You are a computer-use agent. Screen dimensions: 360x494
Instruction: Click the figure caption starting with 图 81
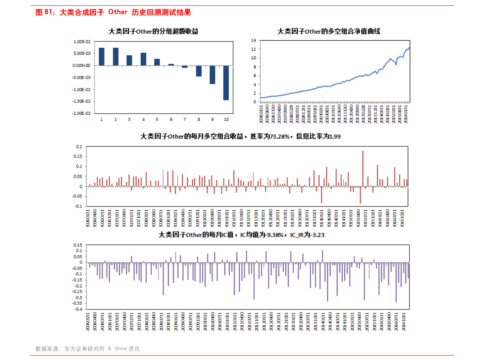pyautogui.click(x=113, y=12)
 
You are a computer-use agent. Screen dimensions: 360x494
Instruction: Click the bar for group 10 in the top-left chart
pyautogui.click(x=226, y=83)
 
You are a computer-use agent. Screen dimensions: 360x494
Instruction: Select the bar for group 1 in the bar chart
pyautogui.click(x=102, y=56)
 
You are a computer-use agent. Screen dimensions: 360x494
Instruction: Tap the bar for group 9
pyautogui.click(x=212, y=75)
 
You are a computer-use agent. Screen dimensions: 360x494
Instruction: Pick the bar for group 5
pyautogui.click(x=157, y=62)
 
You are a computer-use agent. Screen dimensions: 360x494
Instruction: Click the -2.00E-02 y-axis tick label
pyautogui.click(x=82, y=113)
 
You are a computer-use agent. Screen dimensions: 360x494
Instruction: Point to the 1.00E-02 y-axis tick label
pyautogui.click(x=82, y=41)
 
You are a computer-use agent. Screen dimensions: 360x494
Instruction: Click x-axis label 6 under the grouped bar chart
pyautogui.click(x=171, y=119)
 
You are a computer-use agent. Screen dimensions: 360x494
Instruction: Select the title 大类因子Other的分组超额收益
pyautogui.click(x=153, y=32)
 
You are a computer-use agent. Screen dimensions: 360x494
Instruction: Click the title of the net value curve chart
pyautogui.click(x=329, y=32)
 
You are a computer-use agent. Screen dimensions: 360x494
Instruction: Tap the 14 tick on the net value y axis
pyautogui.click(x=254, y=40)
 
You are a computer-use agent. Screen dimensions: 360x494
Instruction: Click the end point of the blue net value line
pyautogui.click(x=409, y=48)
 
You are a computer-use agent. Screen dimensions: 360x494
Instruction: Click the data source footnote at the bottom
pyautogui.click(x=88, y=349)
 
